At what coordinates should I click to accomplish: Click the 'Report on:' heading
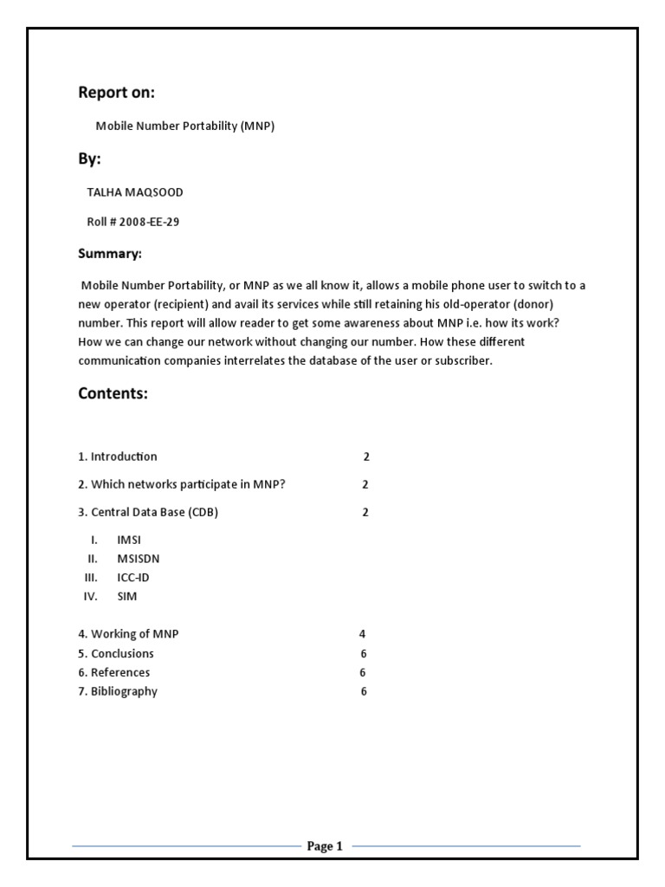117,93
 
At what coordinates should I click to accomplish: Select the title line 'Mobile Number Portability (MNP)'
184,126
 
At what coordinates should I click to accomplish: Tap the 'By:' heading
89,159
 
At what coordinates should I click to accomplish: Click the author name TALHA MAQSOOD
135,192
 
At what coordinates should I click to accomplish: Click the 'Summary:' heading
109,254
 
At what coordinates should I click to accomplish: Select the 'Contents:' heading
113,393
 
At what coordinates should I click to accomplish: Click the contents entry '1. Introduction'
118,456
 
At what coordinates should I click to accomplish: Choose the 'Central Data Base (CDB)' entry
148,512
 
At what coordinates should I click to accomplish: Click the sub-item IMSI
129,540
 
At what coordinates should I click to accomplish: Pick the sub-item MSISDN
139,559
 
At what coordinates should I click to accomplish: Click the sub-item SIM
127,597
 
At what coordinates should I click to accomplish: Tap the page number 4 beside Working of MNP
363,634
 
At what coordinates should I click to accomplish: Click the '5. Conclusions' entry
116,653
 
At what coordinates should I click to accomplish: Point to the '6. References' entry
113,672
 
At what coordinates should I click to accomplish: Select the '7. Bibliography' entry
118,691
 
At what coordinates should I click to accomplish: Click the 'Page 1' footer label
325,846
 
